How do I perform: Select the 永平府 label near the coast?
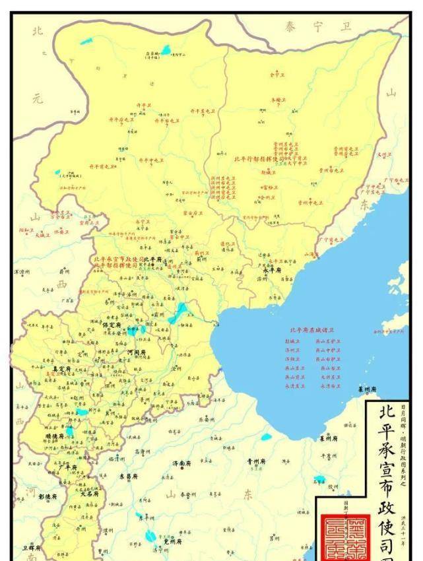click(x=273, y=270)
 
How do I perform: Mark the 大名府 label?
click(x=90, y=492)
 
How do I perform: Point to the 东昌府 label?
click(x=128, y=476)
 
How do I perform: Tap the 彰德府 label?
click(x=47, y=496)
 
